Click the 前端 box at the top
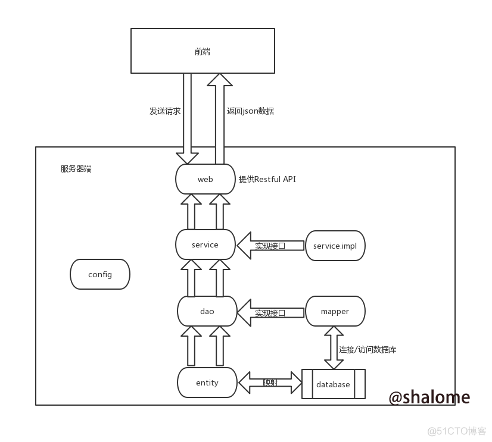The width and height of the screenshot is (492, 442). point(203,51)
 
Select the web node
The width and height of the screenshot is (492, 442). point(205,179)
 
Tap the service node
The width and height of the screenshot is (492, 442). point(205,244)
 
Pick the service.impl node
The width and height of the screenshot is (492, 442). point(335,245)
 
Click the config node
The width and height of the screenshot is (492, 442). point(99,274)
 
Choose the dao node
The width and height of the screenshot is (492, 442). point(207,311)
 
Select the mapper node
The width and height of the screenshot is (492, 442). point(335,311)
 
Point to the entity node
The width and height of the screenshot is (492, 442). point(207,383)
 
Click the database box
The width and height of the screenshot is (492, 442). point(333,384)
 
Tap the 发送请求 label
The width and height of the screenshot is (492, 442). point(165,111)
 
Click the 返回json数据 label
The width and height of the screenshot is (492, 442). point(250,111)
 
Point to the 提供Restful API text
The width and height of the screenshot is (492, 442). point(267,179)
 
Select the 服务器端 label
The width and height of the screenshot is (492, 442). point(76,169)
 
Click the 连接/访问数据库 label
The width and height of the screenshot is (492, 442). point(368,349)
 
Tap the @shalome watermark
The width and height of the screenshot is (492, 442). point(429,397)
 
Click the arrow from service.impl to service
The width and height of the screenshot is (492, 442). point(270,245)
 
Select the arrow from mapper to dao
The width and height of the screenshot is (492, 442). point(270,312)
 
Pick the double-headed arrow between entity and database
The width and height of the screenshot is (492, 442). point(270,383)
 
